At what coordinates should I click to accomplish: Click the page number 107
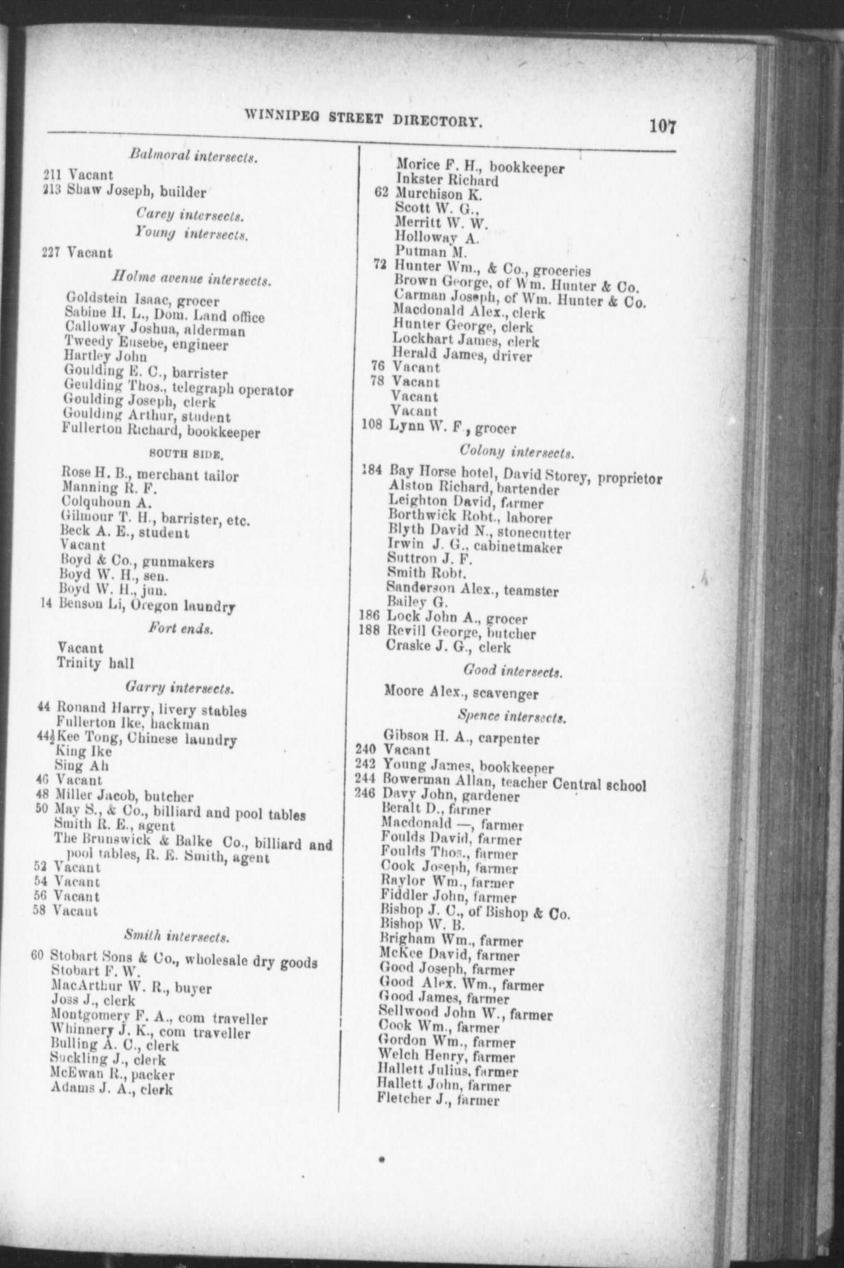663,127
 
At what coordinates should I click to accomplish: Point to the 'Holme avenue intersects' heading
191,280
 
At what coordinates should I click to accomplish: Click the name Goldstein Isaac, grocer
142,300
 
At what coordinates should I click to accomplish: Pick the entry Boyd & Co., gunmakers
137,562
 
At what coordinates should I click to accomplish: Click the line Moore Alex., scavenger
461,694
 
